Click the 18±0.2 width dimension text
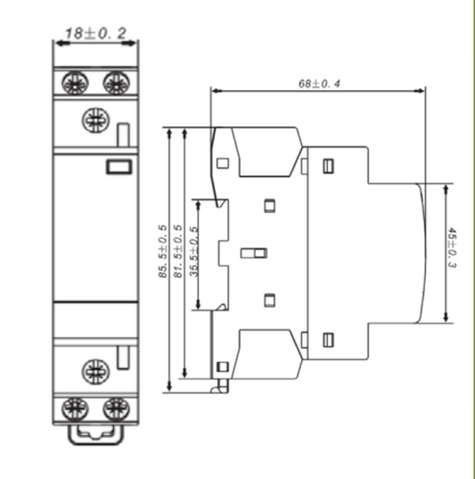(94, 35)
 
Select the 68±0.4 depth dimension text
(323, 83)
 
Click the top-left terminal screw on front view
(73, 83)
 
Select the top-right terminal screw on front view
(114, 83)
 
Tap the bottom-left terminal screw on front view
(73, 409)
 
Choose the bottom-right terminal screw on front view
(114, 409)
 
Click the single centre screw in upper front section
(94, 119)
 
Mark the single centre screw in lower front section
(94, 369)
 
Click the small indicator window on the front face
(118, 165)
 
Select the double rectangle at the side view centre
(254, 255)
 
